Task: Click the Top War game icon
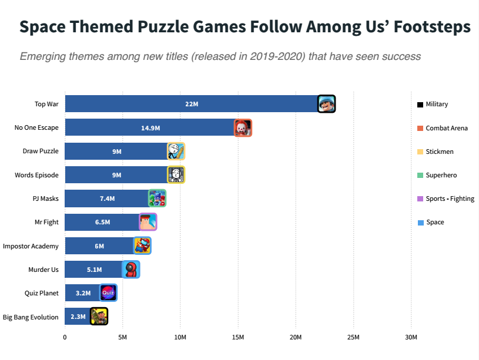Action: pos(326,104)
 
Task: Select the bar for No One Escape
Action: pos(150,127)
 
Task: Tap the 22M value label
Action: pos(192,104)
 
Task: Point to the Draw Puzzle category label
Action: pos(41,151)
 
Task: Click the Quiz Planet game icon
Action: pos(108,292)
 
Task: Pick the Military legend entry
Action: pos(436,104)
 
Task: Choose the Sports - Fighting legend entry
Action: pos(450,198)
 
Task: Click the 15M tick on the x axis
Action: pos(237,338)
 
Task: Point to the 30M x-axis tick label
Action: pos(411,338)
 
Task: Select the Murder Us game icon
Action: pos(131,270)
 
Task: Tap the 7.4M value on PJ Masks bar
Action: pos(107,198)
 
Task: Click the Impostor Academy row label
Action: pos(31,246)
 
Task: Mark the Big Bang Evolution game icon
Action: pos(99,317)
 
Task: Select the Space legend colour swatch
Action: pos(420,223)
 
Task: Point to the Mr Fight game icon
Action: pos(148,222)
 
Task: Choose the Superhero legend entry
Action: pos(441,175)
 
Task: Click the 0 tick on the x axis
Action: pos(65,338)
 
